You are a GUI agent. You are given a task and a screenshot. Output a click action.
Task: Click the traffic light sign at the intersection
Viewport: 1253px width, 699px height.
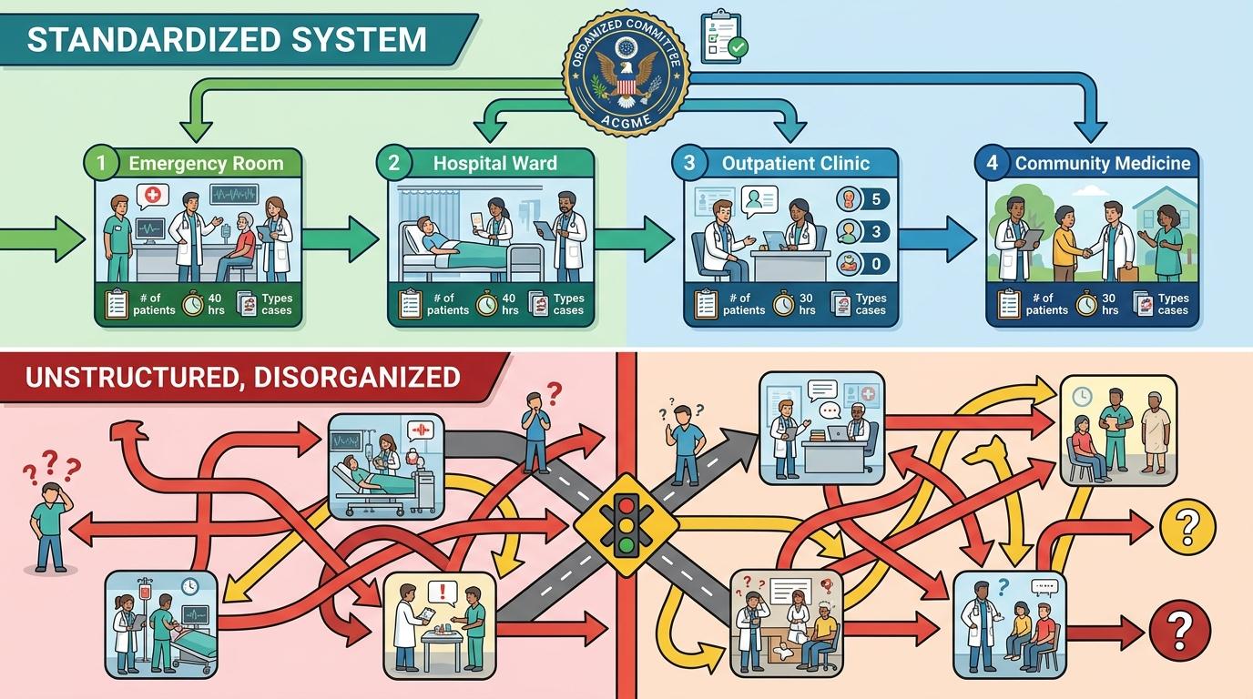click(x=625, y=525)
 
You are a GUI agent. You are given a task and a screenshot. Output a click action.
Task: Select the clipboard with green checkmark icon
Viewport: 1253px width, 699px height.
click(x=723, y=36)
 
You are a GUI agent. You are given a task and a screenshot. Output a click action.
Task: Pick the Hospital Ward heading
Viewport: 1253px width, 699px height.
click(x=494, y=164)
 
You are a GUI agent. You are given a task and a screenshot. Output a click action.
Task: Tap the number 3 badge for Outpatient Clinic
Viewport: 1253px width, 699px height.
click(x=689, y=164)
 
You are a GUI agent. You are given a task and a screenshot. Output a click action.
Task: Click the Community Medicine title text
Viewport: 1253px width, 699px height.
click(x=1102, y=164)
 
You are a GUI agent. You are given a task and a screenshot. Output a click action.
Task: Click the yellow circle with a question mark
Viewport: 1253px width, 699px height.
click(x=1186, y=526)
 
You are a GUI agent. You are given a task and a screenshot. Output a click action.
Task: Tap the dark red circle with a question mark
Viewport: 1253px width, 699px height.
click(x=1179, y=627)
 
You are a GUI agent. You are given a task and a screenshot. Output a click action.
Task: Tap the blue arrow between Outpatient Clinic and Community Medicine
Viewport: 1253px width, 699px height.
click(x=937, y=239)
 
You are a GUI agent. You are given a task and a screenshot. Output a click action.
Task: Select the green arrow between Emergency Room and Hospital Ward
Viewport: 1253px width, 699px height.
click(x=339, y=239)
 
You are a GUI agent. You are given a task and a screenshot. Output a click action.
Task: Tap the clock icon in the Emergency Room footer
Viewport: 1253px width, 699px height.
click(x=192, y=304)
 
